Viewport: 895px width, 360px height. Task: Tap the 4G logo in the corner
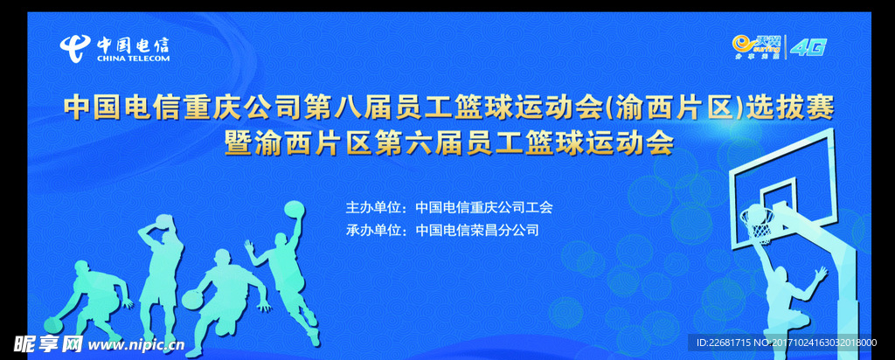click(808, 48)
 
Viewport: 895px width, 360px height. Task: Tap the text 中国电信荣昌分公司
click(477, 231)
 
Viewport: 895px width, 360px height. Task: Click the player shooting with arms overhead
click(162, 262)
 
